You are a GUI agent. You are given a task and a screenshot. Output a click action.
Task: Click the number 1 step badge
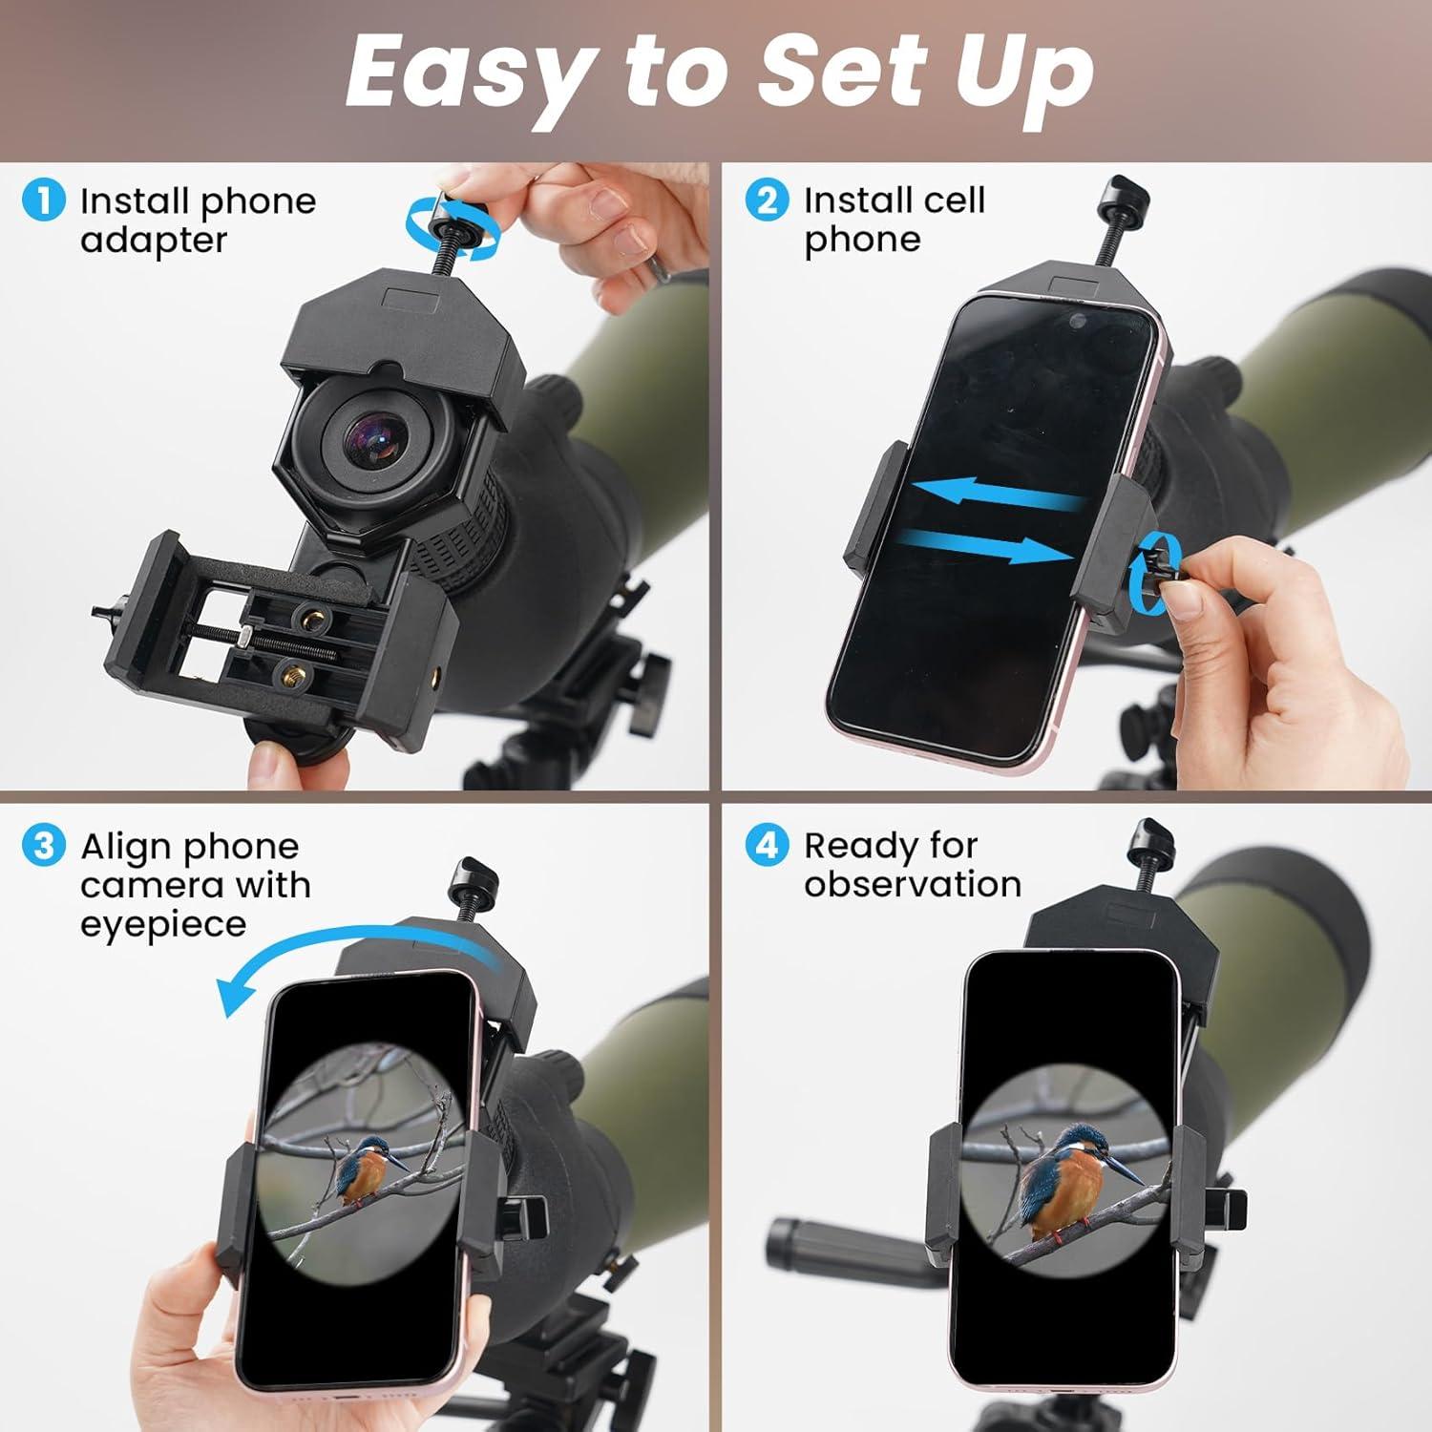click(43, 201)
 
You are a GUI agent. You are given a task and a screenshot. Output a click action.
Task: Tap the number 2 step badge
click(767, 201)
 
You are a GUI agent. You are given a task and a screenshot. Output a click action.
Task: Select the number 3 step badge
click(43, 847)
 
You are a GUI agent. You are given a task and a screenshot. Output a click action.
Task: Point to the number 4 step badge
click(767, 846)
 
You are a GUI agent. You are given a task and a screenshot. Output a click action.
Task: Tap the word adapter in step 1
click(154, 241)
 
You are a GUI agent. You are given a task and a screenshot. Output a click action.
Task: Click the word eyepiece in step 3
click(162, 925)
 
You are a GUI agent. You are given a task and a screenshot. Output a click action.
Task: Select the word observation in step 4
click(912, 885)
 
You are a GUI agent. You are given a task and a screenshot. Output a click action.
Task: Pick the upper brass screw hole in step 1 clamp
click(307, 615)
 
